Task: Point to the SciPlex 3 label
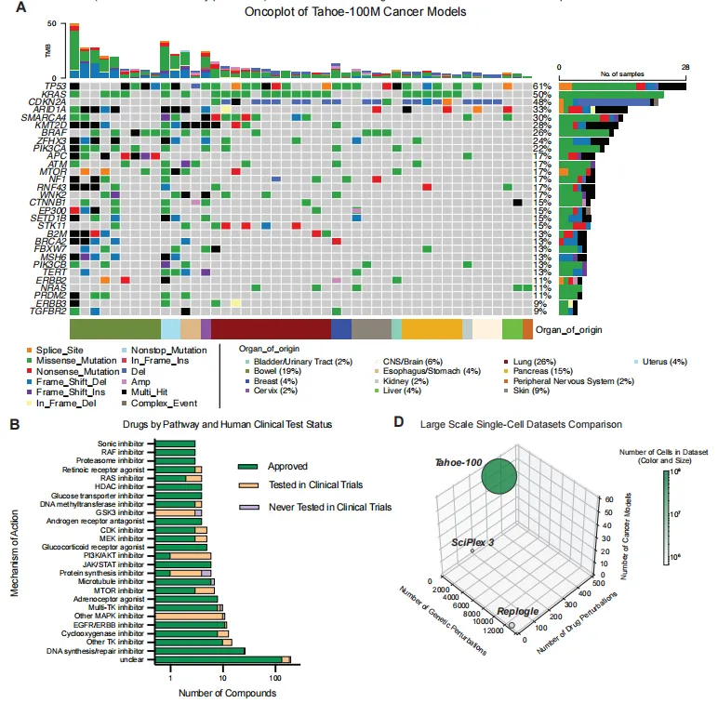(473, 540)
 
